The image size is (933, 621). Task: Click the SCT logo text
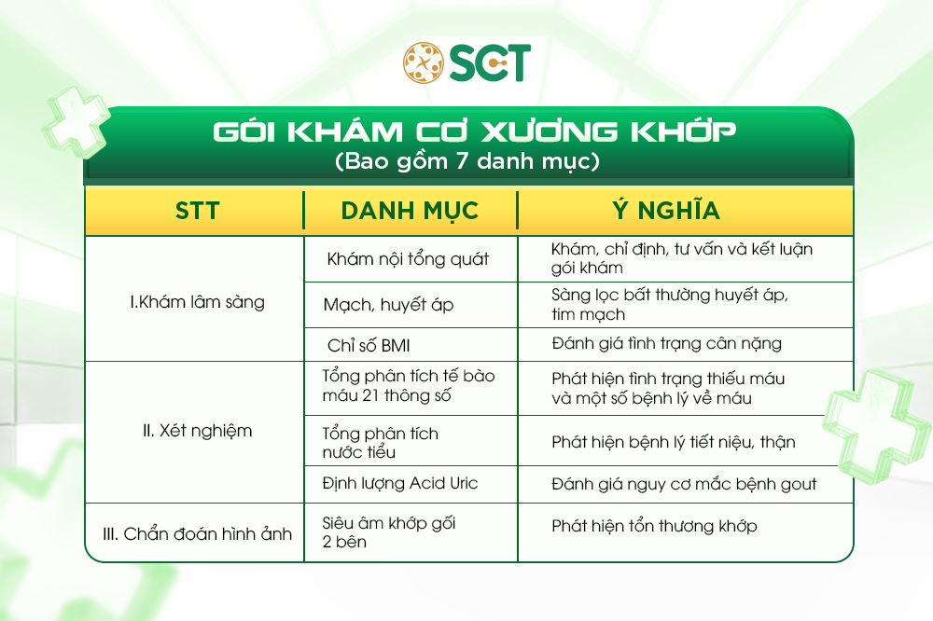tap(490, 62)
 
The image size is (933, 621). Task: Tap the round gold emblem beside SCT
tap(424, 62)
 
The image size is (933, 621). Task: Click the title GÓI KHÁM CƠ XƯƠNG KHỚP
tap(467, 132)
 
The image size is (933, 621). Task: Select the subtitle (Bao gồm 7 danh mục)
tap(466, 160)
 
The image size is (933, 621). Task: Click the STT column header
tap(197, 210)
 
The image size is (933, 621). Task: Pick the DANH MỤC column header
tap(410, 210)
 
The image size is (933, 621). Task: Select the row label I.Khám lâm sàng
tap(197, 302)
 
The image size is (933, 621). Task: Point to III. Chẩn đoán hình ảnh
tap(197, 533)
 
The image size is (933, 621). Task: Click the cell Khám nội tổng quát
tap(408, 259)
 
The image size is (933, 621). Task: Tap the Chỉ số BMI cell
tap(369, 344)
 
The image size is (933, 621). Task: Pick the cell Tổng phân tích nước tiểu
tap(380, 443)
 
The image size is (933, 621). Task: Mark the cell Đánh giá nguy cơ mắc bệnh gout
tap(684, 484)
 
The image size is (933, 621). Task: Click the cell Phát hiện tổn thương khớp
tap(654, 526)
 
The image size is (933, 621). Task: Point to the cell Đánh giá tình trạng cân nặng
tap(666, 344)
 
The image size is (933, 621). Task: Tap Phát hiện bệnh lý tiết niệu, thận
tap(673, 442)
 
